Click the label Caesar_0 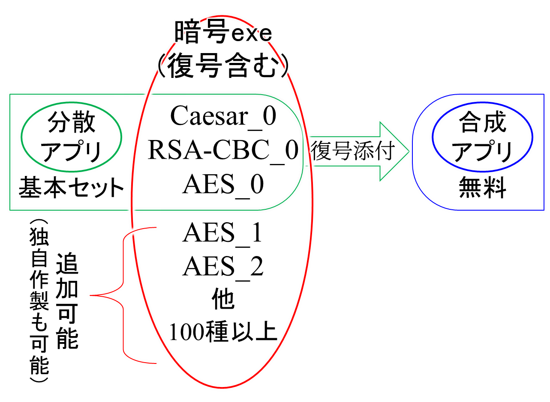coord(222,116)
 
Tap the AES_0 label coord(222,185)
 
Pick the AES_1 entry coord(222,233)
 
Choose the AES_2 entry coord(222,267)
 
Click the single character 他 coord(222,300)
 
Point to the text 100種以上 coord(222,331)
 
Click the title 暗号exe coord(222,33)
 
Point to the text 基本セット coord(71,188)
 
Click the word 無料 coord(483,188)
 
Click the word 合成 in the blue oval coord(483,123)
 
